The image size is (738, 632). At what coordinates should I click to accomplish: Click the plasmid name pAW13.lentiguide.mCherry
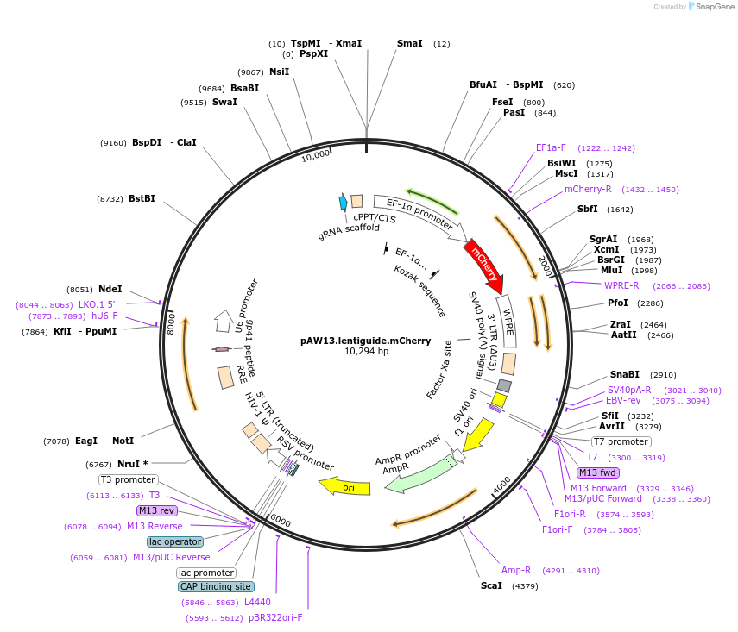tap(366, 341)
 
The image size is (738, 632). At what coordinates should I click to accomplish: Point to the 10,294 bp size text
tap(366, 352)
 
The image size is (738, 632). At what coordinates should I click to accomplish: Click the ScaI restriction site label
tap(493, 586)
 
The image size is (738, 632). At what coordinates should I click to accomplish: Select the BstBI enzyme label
tap(142, 198)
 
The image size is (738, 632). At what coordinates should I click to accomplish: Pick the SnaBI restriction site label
tap(624, 374)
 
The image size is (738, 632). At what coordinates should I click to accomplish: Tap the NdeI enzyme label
tap(110, 290)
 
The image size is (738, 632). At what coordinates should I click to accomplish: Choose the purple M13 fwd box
tap(598, 472)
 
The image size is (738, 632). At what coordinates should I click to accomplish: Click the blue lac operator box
tap(174, 541)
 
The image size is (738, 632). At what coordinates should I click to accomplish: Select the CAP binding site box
tap(215, 586)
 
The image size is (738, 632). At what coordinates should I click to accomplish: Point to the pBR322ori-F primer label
tap(276, 617)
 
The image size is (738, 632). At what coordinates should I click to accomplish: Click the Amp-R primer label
tap(516, 570)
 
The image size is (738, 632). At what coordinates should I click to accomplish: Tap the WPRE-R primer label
tap(621, 285)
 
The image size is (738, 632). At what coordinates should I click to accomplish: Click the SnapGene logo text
tap(712, 7)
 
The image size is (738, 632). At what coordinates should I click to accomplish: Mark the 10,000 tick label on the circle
tap(316, 155)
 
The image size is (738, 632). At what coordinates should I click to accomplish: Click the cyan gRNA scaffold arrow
tap(343, 202)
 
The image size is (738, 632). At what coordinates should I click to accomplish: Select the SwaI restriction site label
tap(224, 102)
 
